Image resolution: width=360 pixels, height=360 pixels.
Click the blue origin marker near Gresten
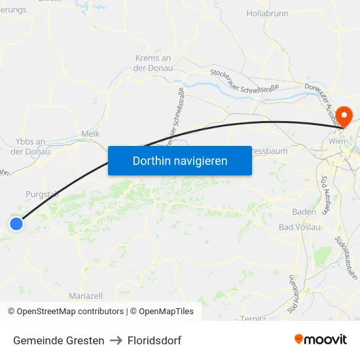point(16,224)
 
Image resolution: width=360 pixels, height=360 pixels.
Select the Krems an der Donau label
point(153,63)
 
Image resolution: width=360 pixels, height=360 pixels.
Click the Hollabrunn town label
point(268,13)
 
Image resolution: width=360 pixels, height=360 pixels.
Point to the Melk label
point(90,134)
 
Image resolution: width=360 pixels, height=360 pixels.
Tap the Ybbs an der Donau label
point(30,147)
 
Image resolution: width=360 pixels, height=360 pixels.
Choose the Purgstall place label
point(42,194)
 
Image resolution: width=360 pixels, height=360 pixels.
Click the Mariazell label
point(86,296)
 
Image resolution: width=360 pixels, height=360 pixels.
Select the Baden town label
point(304,212)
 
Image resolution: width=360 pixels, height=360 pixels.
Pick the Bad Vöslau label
point(300,227)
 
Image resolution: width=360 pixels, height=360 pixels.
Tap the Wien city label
point(337,141)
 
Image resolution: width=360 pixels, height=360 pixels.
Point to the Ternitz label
point(253,318)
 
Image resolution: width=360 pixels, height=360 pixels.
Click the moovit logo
point(321,339)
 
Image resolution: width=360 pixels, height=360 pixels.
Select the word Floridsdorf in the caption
point(154,340)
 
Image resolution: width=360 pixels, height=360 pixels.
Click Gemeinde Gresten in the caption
point(59,340)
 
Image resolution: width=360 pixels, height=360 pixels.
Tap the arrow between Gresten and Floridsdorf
point(116,340)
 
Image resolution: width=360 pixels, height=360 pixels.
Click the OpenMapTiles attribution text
point(162,312)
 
